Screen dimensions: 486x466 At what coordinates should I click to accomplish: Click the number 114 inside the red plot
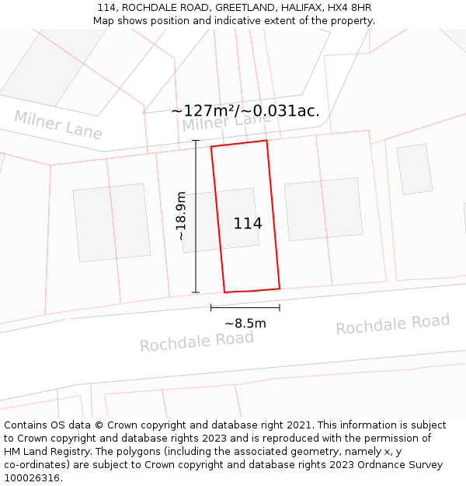pos(248,224)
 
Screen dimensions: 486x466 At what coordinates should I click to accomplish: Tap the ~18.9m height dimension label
pos(181,215)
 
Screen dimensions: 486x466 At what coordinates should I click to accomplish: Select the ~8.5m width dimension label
pos(245,323)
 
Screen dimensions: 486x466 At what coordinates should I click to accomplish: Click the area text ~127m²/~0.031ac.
pos(245,110)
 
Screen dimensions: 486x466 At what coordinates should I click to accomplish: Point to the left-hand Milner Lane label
pos(58,125)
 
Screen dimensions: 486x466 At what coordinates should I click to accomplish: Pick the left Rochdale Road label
pos(196,341)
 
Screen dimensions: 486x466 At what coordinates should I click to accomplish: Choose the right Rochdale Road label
pos(392,324)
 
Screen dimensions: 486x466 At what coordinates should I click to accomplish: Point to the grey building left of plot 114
pos(111,222)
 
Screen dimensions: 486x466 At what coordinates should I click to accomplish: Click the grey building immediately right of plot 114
pos(323,209)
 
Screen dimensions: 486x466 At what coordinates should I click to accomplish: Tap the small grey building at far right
pos(414,169)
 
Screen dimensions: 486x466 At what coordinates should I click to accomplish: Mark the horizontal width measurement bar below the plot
pos(245,308)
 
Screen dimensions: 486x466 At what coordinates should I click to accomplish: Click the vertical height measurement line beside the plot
pos(196,217)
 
